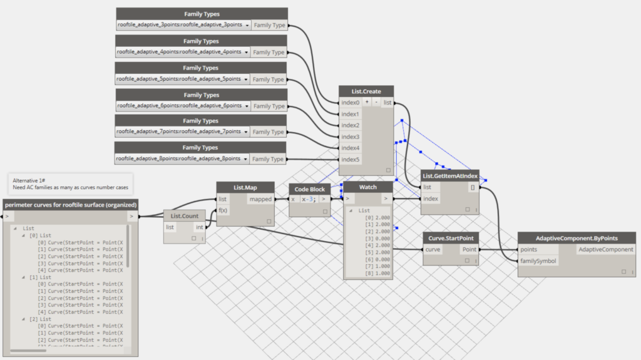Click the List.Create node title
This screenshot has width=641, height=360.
366,91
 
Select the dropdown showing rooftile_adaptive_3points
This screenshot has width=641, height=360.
183,25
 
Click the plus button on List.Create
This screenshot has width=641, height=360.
367,102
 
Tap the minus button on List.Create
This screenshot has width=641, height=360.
376,102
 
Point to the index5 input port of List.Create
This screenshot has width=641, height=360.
350,160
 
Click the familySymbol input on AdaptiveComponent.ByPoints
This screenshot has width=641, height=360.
538,261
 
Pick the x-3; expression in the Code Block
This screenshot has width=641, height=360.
309,200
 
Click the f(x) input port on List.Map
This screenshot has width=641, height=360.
222,210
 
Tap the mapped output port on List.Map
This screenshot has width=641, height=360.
260,199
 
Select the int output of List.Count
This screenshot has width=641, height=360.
200,227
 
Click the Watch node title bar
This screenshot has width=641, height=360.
368,187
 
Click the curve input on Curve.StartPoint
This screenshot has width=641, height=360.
433,249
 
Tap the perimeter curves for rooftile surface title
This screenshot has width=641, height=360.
70,205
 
